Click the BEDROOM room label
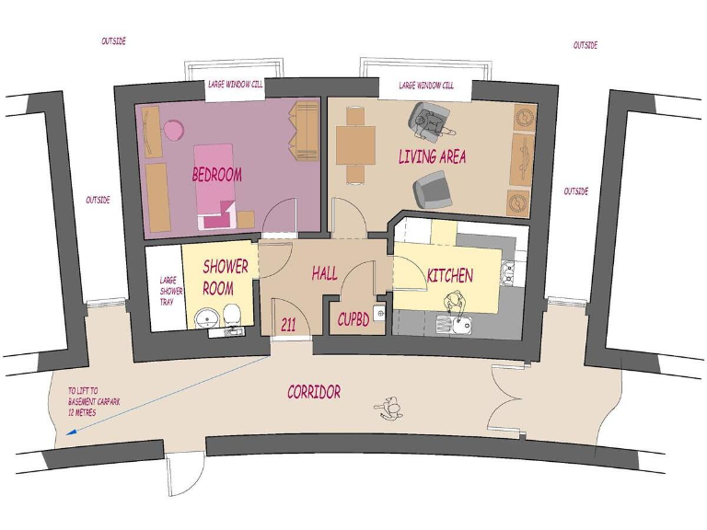click(x=216, y=174)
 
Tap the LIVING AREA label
click(x=432, y=156)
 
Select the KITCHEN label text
click(x=449, y=275)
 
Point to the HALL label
click(x=324, y=273)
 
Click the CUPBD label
click(x=354, y=320)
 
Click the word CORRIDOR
click(x=314, y=392)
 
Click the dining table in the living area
click(x=355, y=144)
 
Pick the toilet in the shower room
click(x=235, y=316)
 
